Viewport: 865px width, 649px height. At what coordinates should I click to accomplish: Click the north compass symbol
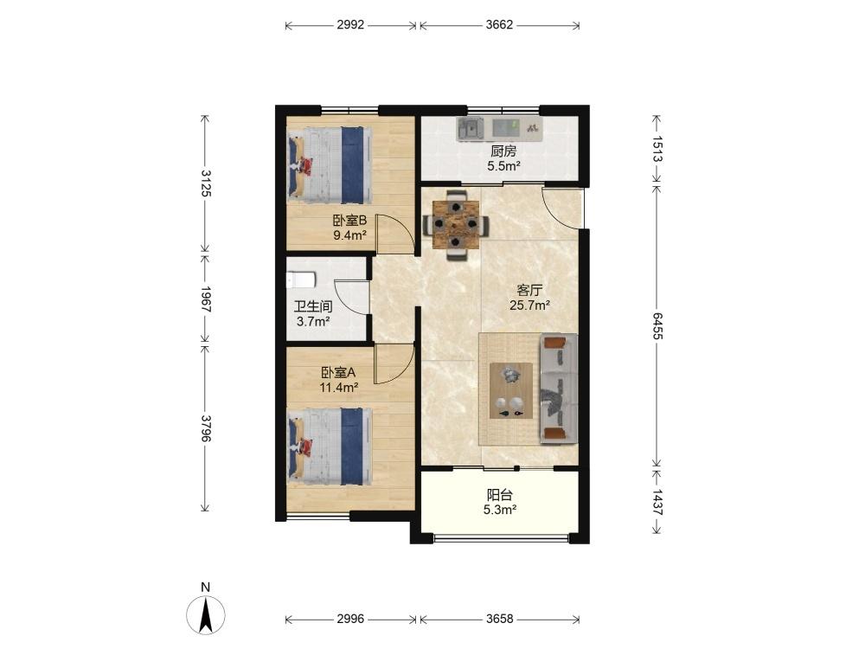tap(206, 614)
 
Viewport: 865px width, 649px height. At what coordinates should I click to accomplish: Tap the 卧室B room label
tap(349, 221)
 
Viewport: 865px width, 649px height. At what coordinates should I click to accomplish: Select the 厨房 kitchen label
tap(503, 151)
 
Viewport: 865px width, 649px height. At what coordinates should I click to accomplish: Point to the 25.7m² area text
tap(529, 305)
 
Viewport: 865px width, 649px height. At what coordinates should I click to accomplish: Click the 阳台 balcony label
tap(499, 495)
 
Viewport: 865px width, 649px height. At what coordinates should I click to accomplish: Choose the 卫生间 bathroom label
tap(313, 306)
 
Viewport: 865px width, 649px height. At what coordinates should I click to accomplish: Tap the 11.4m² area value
tap(339, 388)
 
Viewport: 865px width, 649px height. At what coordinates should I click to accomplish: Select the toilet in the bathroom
tap(301, 280)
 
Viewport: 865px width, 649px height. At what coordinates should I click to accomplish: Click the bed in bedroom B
tap(330, 165)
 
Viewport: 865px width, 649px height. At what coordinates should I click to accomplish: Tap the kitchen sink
tap(471, 129)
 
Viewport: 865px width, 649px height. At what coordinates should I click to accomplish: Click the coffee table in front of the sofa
tap(511, 391)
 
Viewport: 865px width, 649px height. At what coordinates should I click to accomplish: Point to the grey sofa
tap(558, 389)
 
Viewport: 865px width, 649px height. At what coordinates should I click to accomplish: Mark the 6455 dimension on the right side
tap(657, 325)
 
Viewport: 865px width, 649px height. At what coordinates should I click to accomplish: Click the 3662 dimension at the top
tap(499, 25)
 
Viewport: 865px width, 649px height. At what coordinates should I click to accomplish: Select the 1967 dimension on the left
tap(205, 299)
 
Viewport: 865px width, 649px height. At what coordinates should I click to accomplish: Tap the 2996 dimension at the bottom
tap(350, 620)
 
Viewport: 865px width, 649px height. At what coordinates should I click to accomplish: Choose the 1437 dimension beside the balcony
tap(657, 502)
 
